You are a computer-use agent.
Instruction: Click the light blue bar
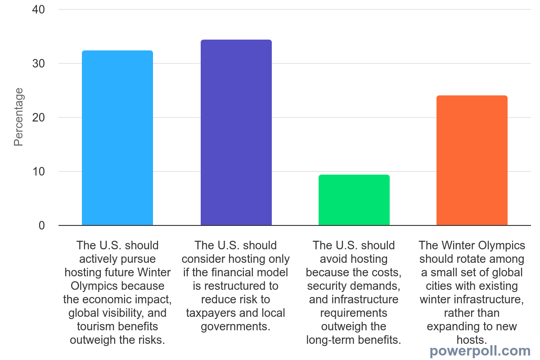(x=117, y=138)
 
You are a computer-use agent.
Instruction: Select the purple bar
(x=236, y=132)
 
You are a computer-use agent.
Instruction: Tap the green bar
(x=354, y=200)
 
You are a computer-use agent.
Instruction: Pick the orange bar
(x=472, y=160)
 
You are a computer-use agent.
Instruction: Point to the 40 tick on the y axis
(x=39, y=9)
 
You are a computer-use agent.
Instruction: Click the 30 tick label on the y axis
(x=39, y=63)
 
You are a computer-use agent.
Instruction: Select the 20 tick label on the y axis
(x=39, y=117)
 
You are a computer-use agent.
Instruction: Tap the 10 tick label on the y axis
(x=39, y=171)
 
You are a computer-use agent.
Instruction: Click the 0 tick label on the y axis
(x=42, y=225)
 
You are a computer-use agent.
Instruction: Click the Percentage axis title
(x=18, y=117)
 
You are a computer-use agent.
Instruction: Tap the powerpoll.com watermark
(x=480, y=351)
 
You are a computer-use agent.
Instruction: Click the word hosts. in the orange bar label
(x=472, y=340)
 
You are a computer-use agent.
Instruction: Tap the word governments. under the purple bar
(x=235, y=326)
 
